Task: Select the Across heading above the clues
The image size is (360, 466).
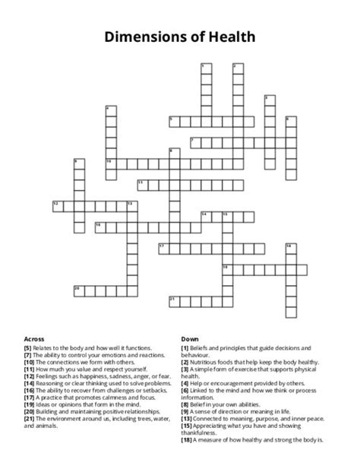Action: tap(34, 338)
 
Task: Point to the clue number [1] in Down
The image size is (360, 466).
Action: tap(185, 347)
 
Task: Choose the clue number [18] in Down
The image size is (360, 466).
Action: tap(186, 440)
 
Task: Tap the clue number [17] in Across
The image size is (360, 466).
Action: tap(30, 398)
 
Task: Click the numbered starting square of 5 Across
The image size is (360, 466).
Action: tap(172, 120)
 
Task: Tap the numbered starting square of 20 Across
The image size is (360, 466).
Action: tap(77, 290)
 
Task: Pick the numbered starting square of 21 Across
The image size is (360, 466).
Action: tap(172, 300)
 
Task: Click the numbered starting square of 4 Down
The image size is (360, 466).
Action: tap(109, 111)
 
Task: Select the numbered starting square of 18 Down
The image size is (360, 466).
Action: tap(289, 248)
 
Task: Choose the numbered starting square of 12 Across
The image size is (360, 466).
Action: tap(56, 204)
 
